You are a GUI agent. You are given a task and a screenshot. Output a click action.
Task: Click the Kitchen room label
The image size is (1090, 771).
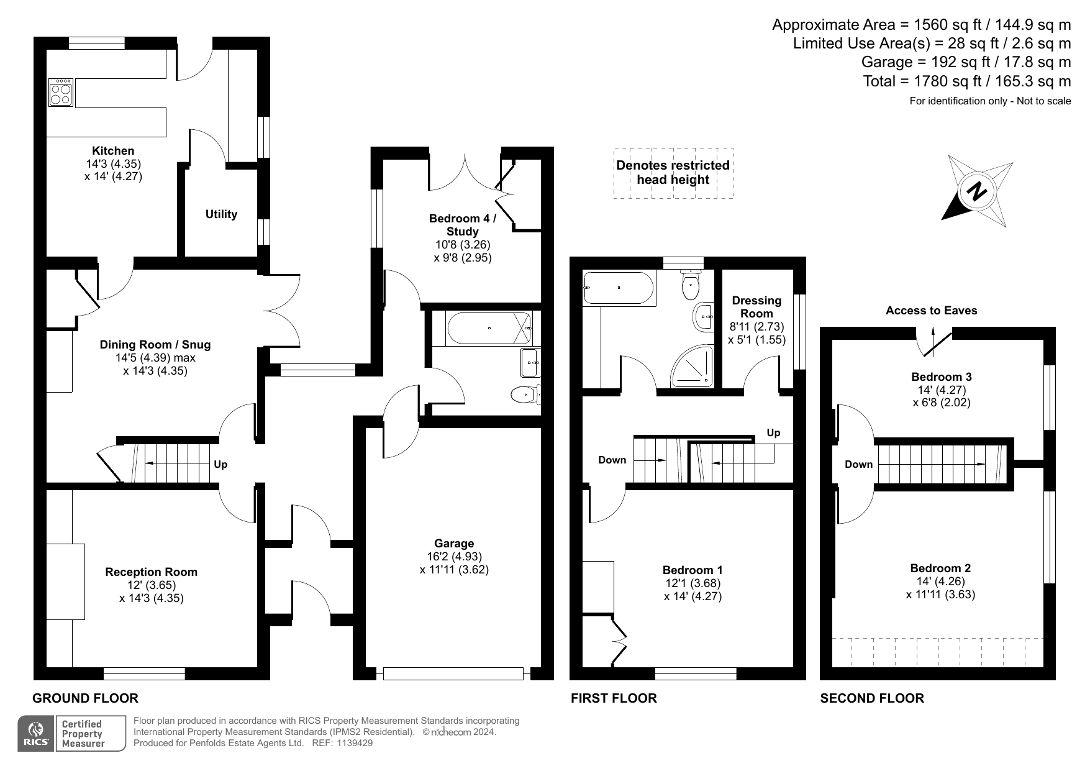click(x=113, y=150)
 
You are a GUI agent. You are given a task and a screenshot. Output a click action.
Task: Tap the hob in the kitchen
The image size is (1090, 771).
click(x=61, y=91)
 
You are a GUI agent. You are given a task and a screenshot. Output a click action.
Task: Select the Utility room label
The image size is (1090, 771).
click(x=221, y=214)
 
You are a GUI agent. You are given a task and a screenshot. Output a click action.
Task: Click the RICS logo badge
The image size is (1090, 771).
click(x=36, y=734)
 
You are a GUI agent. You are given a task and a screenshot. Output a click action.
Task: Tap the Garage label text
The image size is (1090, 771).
click(x=454, y=544)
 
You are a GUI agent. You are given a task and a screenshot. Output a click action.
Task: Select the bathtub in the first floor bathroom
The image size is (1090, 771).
click(x=619, y=288)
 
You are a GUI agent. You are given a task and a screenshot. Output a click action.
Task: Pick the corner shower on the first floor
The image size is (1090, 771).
click(x=691, y=367)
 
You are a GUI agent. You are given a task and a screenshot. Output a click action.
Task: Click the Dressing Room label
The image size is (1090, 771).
click(x=756, y=307)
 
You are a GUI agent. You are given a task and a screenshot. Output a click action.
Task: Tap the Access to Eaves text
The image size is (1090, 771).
click(x=931, y=311)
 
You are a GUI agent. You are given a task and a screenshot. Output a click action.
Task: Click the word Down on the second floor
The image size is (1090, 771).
click(x=858, y=464)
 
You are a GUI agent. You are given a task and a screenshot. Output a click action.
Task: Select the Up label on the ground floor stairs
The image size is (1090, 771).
click(x=220, y=464)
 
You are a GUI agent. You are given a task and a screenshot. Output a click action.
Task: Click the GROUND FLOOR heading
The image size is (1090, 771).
click(x=85, y=698)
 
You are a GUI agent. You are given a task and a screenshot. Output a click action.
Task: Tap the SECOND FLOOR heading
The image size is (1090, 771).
click(x=872, y=698)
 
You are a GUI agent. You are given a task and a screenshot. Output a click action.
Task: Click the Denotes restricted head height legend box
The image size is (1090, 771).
click(x=673, y=173)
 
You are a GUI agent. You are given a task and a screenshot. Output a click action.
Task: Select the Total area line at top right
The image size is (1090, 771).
click(x=967, y=81)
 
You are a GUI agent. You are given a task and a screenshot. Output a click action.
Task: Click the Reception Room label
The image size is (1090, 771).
click(x=151, y=572)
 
